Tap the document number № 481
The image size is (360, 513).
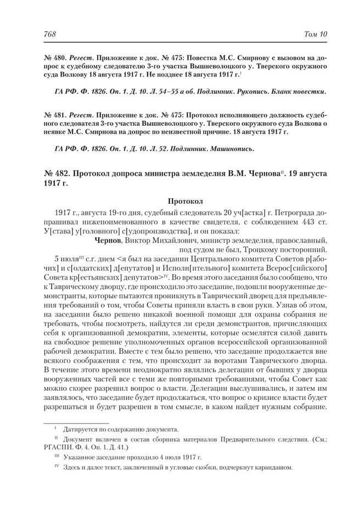[x=54, y=116]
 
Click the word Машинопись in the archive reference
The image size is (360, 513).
[x=233, y=148]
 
